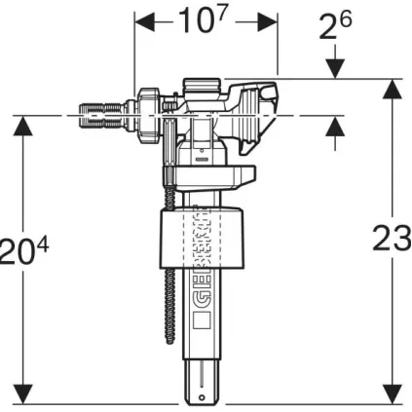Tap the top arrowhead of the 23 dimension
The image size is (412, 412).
point(392,86)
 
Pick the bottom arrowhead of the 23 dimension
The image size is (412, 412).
point(392,398)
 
